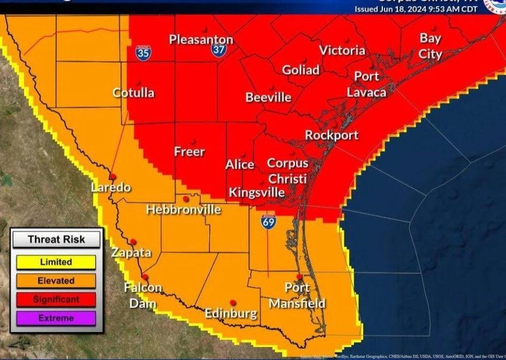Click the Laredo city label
[111, 188]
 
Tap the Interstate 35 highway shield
[143, 51]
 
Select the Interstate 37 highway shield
[218, 49]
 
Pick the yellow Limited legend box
[56, 262]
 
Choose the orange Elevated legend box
[56, 281]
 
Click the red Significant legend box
[56, 299]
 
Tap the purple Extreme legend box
[56, 318]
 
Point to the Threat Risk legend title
[56, 239]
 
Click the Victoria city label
[342, 50]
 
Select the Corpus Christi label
[288, 170]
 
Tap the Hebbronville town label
[184, 209]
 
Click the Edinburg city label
[231, 313]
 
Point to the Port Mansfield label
[297, 296]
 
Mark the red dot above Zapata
[133, 242]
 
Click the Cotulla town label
[133, 93]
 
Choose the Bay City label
[430, 46]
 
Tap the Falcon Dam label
[142, 295]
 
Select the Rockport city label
[331, 135]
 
